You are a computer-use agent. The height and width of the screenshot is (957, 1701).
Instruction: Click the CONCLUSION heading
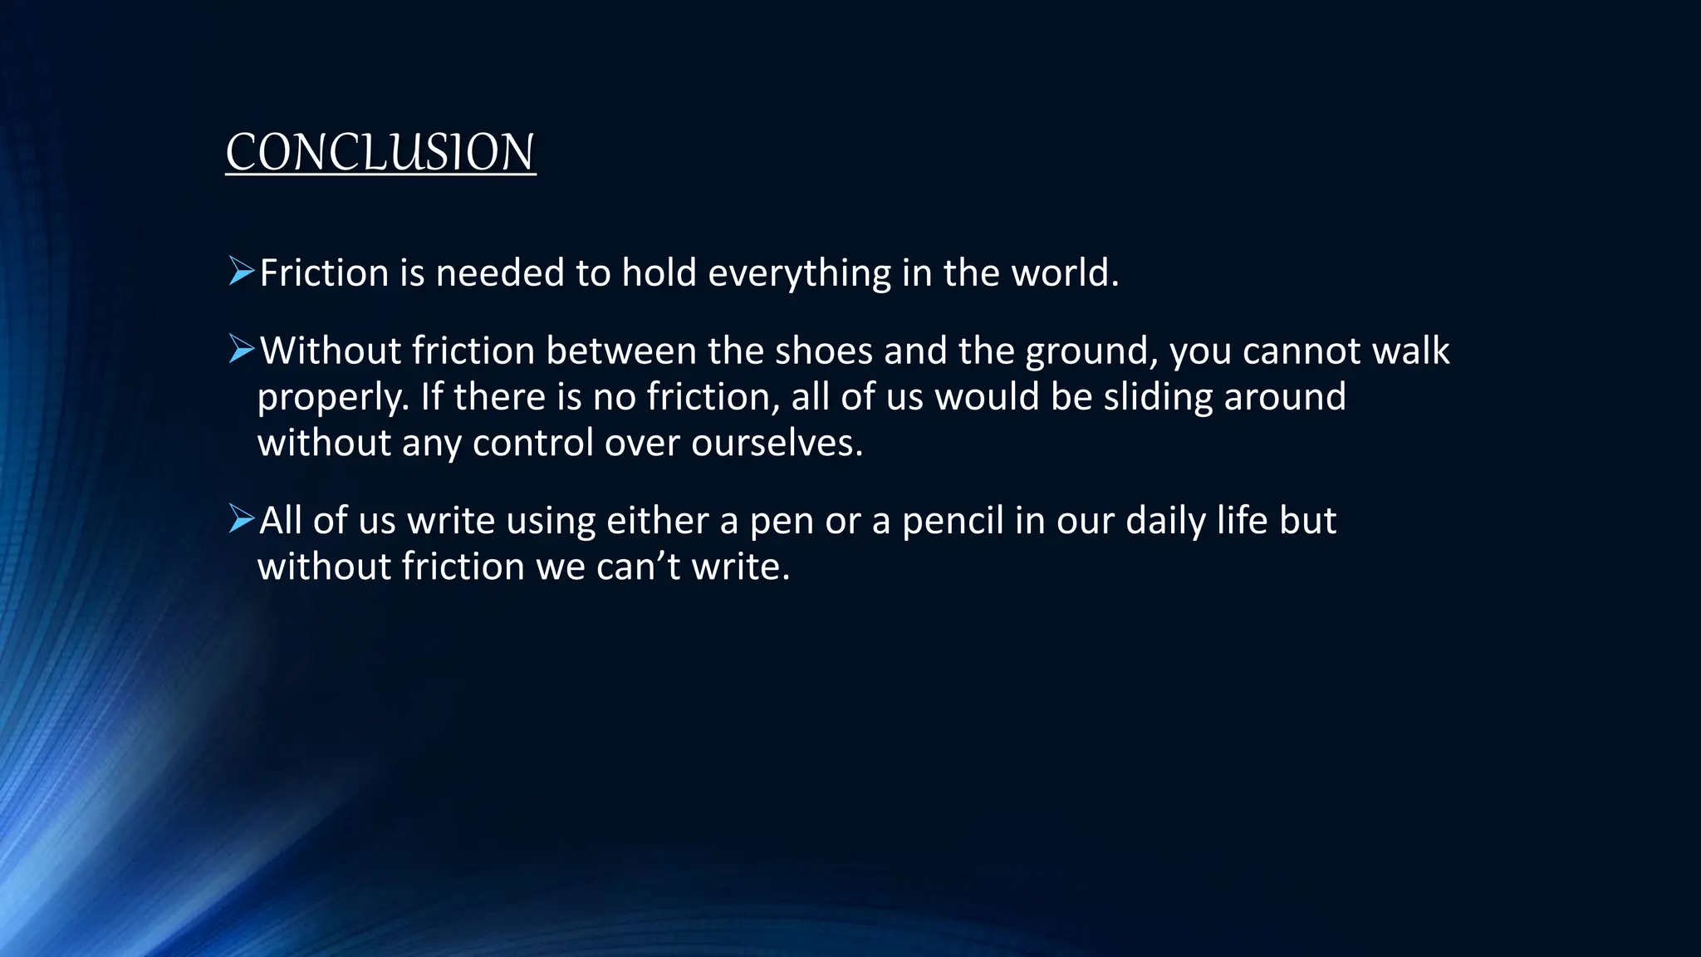coord(380,153)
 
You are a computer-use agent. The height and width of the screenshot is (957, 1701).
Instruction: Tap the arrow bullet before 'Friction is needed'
coord(241,272)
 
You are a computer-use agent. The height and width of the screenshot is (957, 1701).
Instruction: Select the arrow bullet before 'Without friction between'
coord(241,350)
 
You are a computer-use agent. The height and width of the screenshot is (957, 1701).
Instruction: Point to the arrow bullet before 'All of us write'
coord(241,519)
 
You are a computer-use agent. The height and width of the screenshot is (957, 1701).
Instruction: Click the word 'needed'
coord(500,273)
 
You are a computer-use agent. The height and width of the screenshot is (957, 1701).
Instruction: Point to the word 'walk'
coord(1410,351)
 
